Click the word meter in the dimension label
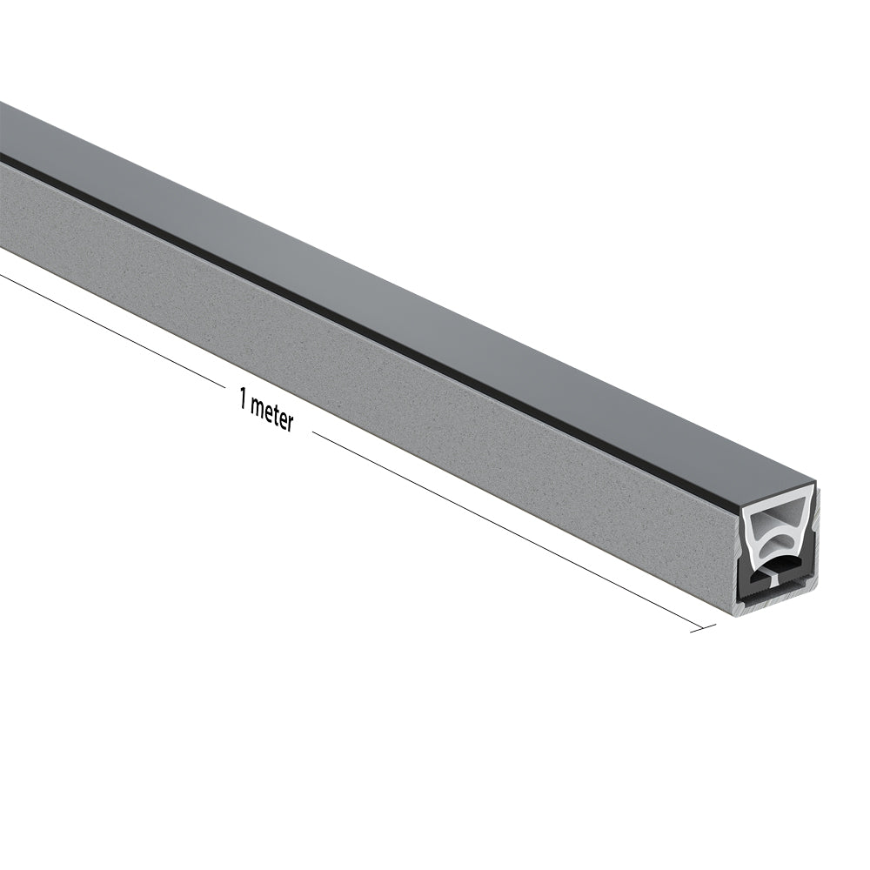pyautogui.click(x=271, y=416)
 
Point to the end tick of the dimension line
pyautogui.click(x=703, y=626)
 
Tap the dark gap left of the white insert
pyautogui.click(x=745, y=556)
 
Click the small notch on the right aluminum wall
pyautogui.click(x=813, y=529)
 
